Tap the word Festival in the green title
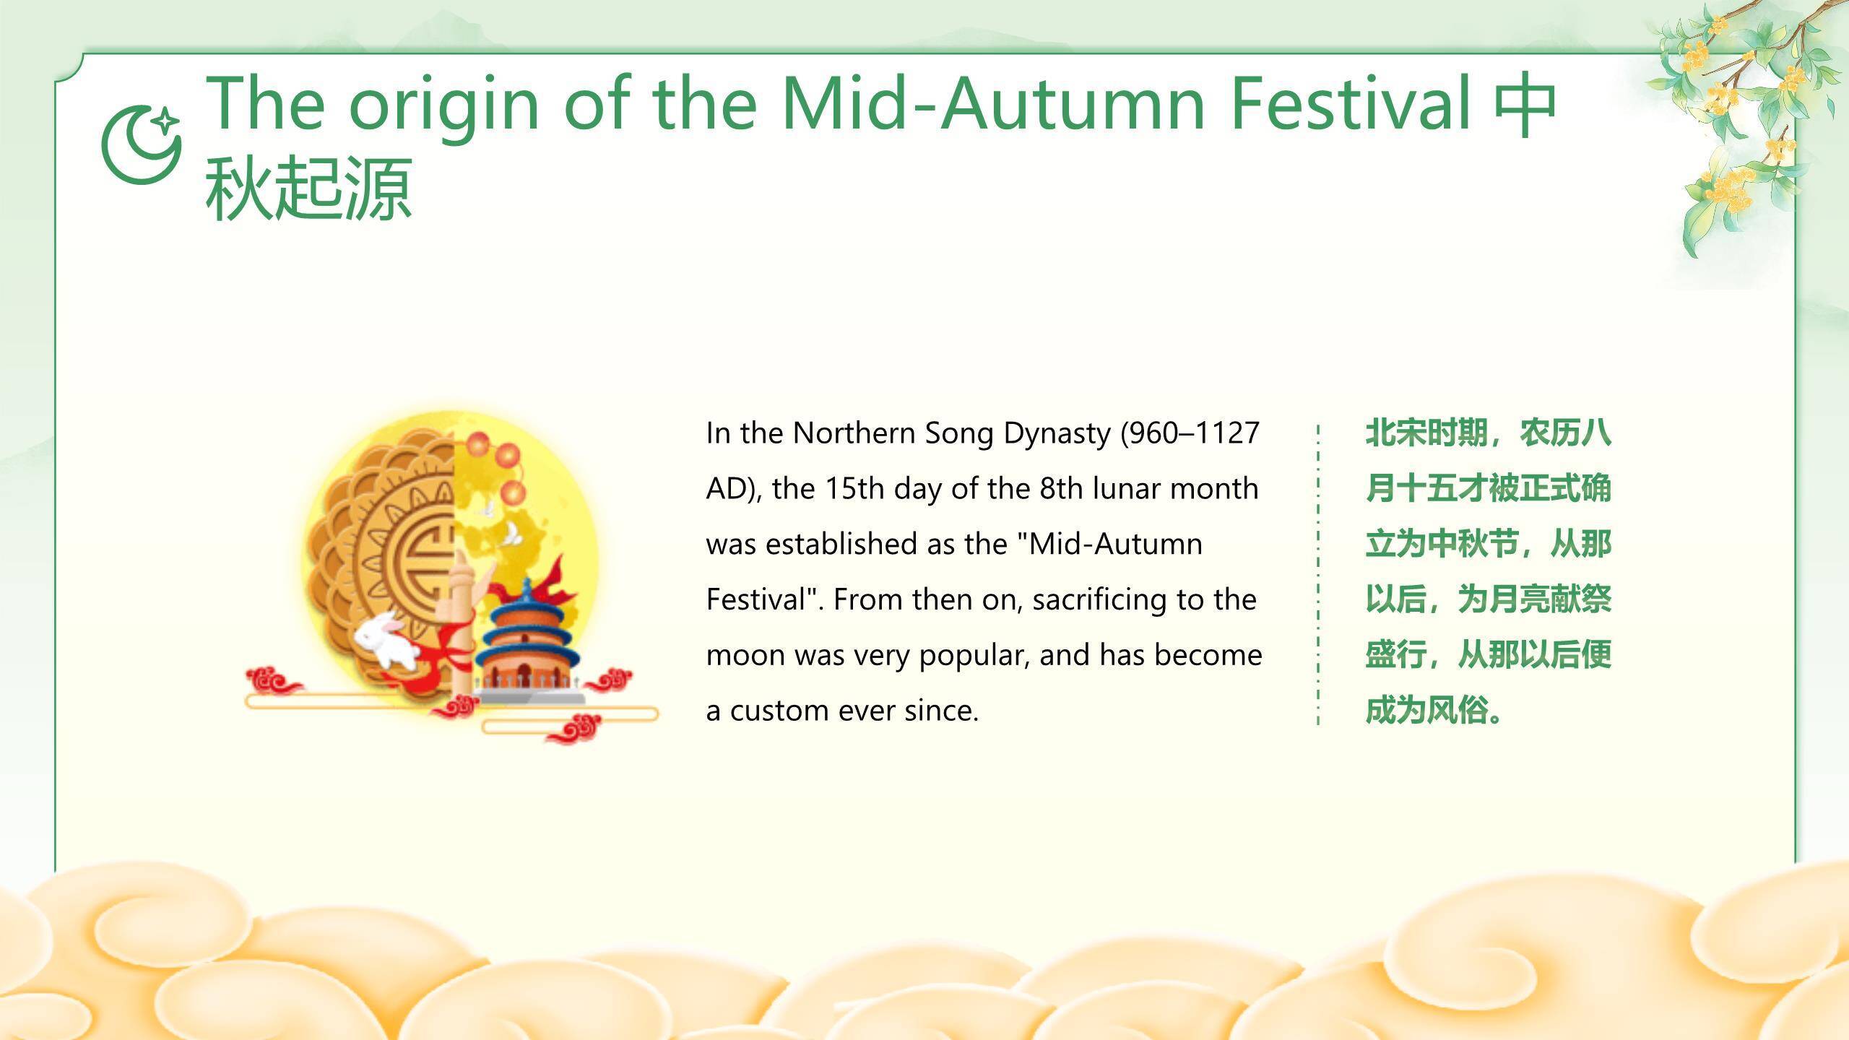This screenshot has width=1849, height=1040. pyautogui.click(x=1351, y=104)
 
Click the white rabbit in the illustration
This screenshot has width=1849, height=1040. pyautogui.click(x=386, y=639)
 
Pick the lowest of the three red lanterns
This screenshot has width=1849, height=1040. pyautogui.click(x=513, y=493)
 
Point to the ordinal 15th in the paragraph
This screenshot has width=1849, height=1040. pyautogui.click(x=854, y=488)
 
